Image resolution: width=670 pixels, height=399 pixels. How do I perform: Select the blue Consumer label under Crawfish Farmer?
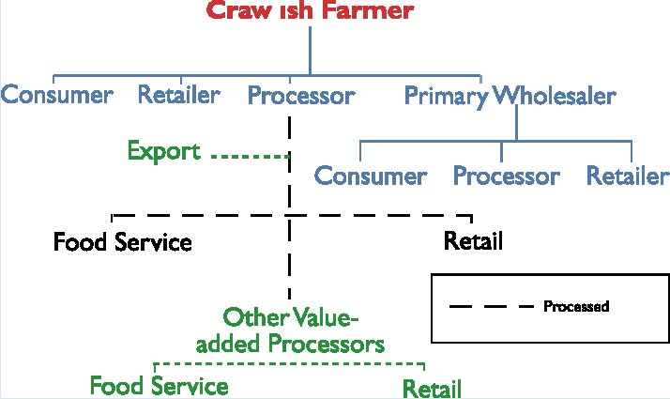(57, 95)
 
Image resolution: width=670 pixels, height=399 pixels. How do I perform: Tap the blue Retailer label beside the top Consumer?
(179, 95)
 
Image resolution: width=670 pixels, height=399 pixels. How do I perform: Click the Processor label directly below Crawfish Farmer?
(301, 96)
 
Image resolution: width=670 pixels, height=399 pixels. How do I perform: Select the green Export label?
(164, 150)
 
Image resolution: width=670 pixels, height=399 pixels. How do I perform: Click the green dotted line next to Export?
(249, 156)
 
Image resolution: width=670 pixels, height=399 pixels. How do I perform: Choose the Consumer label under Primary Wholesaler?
(371, 176)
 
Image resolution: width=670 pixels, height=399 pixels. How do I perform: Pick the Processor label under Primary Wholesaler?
(507, 176)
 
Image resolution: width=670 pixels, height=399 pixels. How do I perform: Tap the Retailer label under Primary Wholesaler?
(628, 176)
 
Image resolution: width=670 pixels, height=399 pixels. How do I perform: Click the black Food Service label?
(122, 242)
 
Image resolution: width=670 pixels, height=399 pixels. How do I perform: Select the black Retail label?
(473, 241)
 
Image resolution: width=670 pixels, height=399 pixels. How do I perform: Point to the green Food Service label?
(159, 386)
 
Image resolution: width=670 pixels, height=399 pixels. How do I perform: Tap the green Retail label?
(432, 387)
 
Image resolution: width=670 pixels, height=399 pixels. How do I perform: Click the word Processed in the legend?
(576, 307)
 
